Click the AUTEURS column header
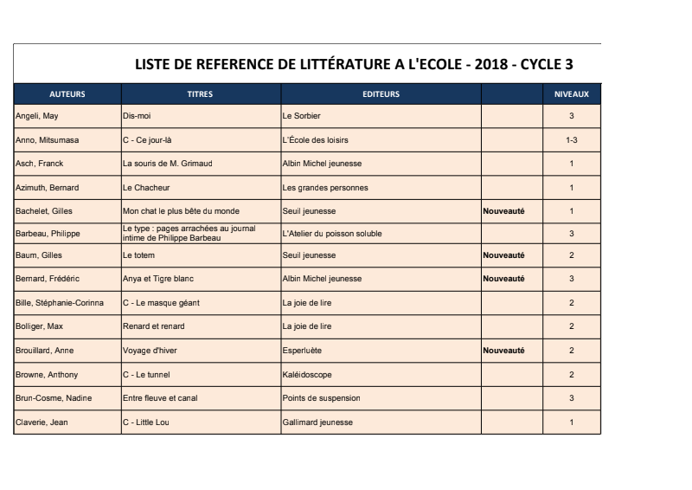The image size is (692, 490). click(x=67, y=93)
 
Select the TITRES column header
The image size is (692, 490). click(x=200, y=93)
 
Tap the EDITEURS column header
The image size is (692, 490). click(x=381, y=93)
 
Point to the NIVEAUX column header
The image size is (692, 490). click(x=571, y=93)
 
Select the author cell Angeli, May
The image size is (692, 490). click(x=37, y=116)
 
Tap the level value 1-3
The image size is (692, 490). click(x=571, y=139)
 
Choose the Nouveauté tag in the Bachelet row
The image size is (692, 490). click(x=503, y=210)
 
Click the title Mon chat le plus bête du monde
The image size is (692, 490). click(x=181, y=210)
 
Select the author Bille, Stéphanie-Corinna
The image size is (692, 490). click(x=60, y=304)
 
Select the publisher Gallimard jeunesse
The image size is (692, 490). click(x=317, y=422)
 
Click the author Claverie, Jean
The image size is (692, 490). click(x=40, y=422)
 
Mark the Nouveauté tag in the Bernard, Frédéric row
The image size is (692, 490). click(x=503, y=279)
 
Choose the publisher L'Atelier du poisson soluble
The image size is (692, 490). click(x=332, y=234)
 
